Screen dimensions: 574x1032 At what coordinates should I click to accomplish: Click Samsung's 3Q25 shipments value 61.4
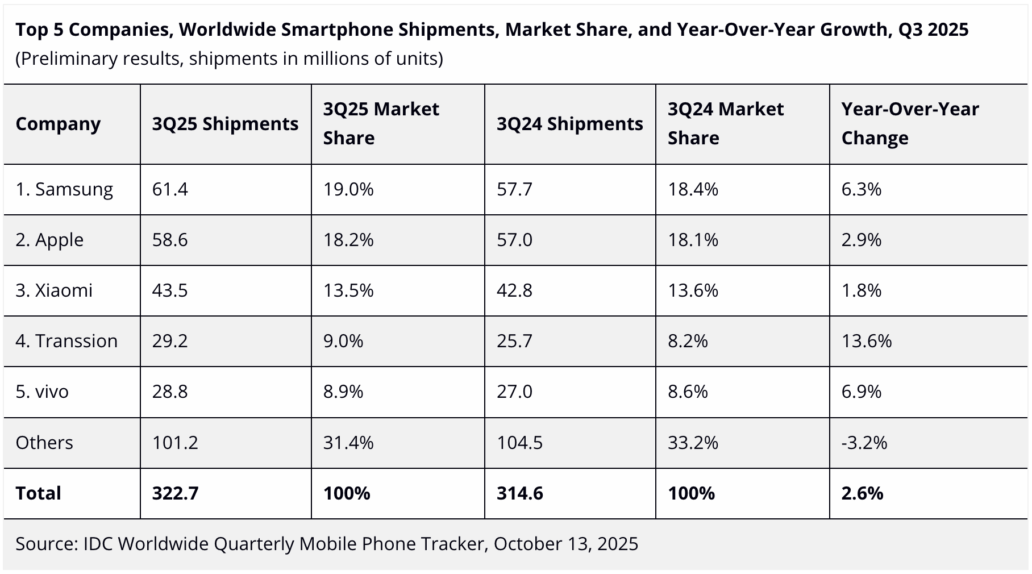pyautogui.click(x=170, y=189)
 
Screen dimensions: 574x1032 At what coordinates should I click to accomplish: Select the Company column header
pyautogui.click(x=58, y=124)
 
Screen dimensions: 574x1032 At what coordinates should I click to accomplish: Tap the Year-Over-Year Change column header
pyautogui.click(x=910, y=123)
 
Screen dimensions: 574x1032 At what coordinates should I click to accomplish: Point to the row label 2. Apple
pyautogui.click(x=49, y=240)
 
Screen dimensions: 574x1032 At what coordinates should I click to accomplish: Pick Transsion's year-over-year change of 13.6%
pyautogui.click(x=867, y=341)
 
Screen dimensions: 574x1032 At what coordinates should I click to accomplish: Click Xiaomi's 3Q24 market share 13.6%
pyautogui.click(x=693, y=290)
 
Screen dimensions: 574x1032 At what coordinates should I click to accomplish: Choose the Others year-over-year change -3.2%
pyautogui.click(x=864, y=443)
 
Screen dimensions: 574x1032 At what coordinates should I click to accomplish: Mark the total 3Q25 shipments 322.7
pyautogui.click(x=175, y=493)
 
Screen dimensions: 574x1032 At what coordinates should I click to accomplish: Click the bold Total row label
pyautogui.click(x=38, y=493)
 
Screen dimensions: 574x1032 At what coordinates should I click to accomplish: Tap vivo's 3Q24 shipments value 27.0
pyautogui.click(x=514, y=392)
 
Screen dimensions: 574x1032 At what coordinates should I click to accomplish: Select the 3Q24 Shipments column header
pyautogui.click(x=569, y=124)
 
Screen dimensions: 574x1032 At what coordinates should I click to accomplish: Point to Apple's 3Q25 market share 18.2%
pyautogui.click(x=348, y=240)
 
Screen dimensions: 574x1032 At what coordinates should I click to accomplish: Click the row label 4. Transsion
pyautogui.click(x=66, y=341)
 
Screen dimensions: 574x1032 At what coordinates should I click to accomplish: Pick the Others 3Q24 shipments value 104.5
pyautogui.click(x=519, y=443)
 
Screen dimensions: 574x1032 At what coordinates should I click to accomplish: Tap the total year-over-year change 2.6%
pyautogui.click(x=862, y=493)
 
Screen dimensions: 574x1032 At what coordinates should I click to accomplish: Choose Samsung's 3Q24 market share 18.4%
pyautogui.click(x=693, y=189)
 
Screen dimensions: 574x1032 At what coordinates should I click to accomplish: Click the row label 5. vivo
pyautogui.click(x=42, y=392)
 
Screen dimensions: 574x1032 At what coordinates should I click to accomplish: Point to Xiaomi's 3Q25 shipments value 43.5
pyautogui.click(x=170, y=290)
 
